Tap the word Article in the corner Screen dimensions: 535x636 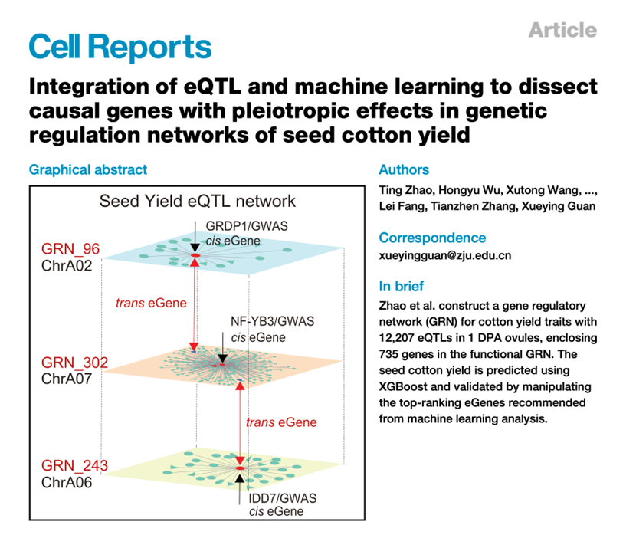(562, 30)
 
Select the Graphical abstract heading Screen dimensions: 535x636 (88, 169)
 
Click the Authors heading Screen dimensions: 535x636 (404, 169)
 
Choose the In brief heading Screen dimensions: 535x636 (402, 287)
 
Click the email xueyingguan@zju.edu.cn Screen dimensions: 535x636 (444, 256)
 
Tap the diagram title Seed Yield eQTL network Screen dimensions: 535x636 (197, 202)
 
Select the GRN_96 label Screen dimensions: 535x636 (70, 249)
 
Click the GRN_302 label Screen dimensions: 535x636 (74, 363)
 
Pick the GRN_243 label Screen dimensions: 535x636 (74, 465)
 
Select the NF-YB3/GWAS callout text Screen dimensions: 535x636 (273, 322)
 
